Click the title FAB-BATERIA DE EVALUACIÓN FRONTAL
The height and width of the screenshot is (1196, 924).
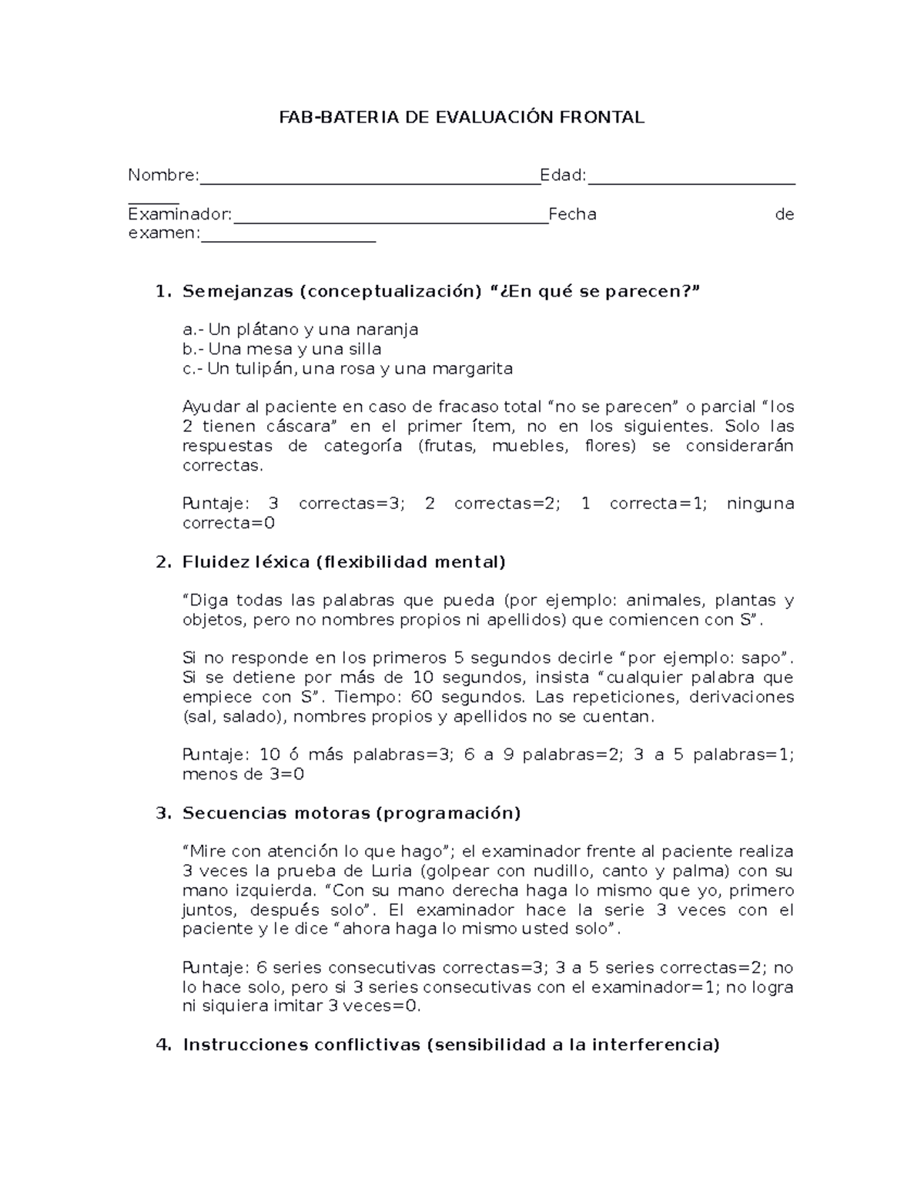coord(461,117)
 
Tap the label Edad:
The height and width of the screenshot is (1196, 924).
coord(563,176)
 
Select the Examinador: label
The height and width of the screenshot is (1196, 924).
coord(179,214)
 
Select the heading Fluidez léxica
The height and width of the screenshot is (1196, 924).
coord(246,561)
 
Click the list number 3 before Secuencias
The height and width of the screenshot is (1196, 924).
coord(162,813)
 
